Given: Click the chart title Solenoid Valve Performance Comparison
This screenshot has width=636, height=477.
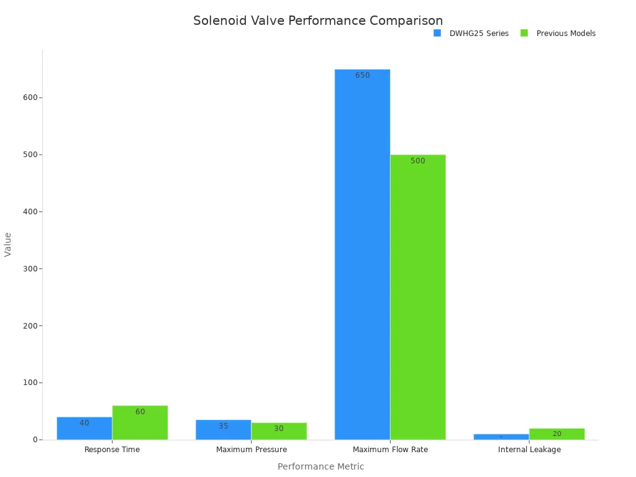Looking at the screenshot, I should pyautogui.click(x=318, y=20).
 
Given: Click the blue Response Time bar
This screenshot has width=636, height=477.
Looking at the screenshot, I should pyautogui.click(x=84, y=429).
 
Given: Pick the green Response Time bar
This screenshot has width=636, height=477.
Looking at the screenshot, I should pyautogui.click(x=140, y=423).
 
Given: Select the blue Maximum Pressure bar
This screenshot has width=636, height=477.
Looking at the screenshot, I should pyautogui.click(x=224, y=430).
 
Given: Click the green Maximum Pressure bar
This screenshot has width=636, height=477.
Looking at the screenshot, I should pyautogui.click(x=279, y=432).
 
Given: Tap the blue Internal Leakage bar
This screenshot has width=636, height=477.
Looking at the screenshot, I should pyautogui.click(x=501, y=437).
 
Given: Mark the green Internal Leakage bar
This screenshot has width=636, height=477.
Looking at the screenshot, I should pyautogui.click(x=556, y=434).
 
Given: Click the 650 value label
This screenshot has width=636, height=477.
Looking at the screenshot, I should pyautogui.click(x=362, y=76).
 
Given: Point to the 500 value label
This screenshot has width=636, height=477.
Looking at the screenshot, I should pyautogui.click(x=418, y=161).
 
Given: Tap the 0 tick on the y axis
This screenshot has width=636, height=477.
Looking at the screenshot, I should pyautogui.click(x=36, y=440).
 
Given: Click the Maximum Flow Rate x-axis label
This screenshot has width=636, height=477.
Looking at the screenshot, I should pyautogui.click(x=390, y=450).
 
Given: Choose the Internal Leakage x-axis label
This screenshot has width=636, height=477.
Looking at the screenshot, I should pyautogui.click(x=529, y=450).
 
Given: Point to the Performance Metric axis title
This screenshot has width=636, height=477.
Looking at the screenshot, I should pyautogui.click(x=320, y=466).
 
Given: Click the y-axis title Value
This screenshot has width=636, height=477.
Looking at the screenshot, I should pyautogui.click(x=8, y=244).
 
